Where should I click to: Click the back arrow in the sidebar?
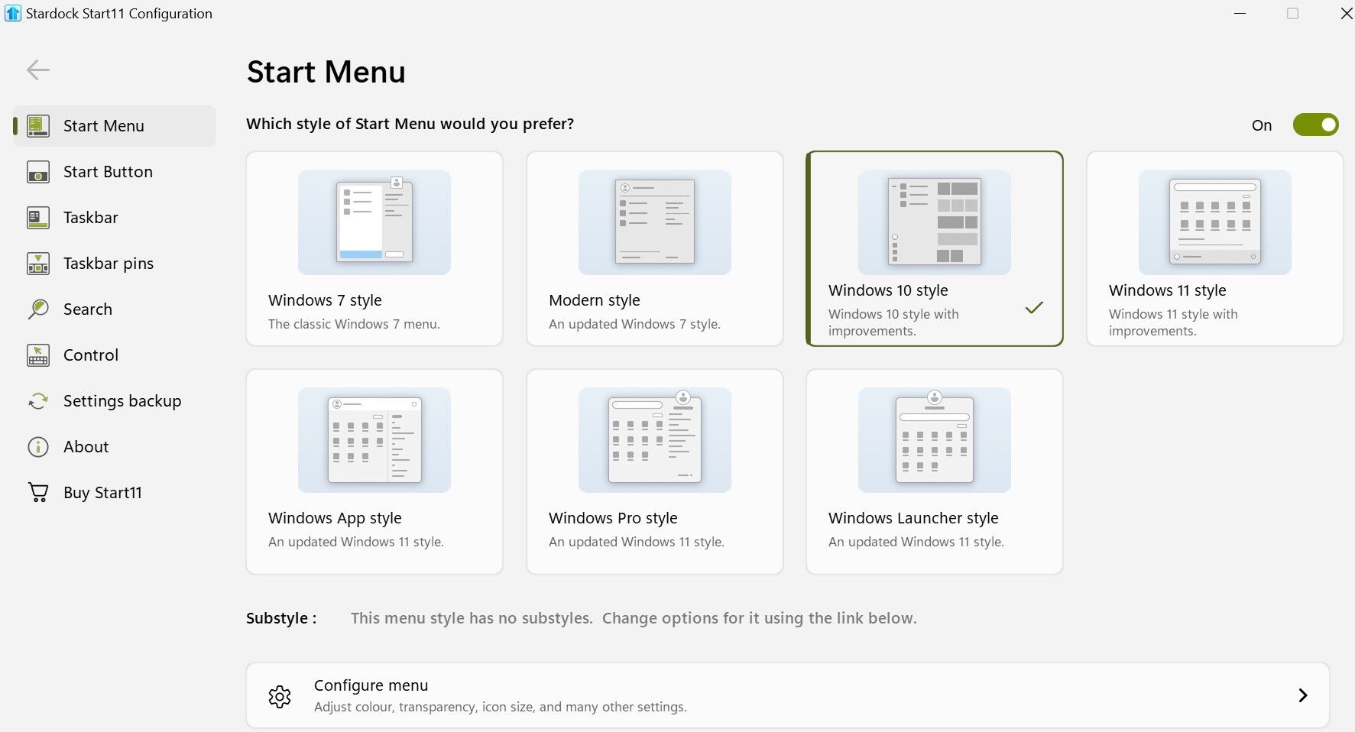(37, 70)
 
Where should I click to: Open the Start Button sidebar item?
(108, 172)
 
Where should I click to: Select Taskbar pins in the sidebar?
(108, 264)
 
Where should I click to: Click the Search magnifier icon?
(37, 309)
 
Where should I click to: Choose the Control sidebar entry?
(90, 355)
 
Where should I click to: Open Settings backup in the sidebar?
(122, 401)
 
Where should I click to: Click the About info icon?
(37, 447)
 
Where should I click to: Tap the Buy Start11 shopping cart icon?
(37, 493)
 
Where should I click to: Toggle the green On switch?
(1315, 125)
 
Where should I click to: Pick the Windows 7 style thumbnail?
(374, 222)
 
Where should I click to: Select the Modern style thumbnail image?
(654, 222)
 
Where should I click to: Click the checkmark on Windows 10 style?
(1034, 308)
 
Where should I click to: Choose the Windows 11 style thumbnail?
(1214, 222)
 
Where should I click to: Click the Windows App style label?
(335, 518)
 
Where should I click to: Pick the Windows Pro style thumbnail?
(654, 440)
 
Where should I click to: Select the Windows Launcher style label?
(913, 518)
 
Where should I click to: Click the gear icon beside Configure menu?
(280, 696)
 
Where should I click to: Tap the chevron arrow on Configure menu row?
(1303, 695)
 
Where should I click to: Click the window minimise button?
(1240, 14)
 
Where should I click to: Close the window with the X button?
(1346, 14)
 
